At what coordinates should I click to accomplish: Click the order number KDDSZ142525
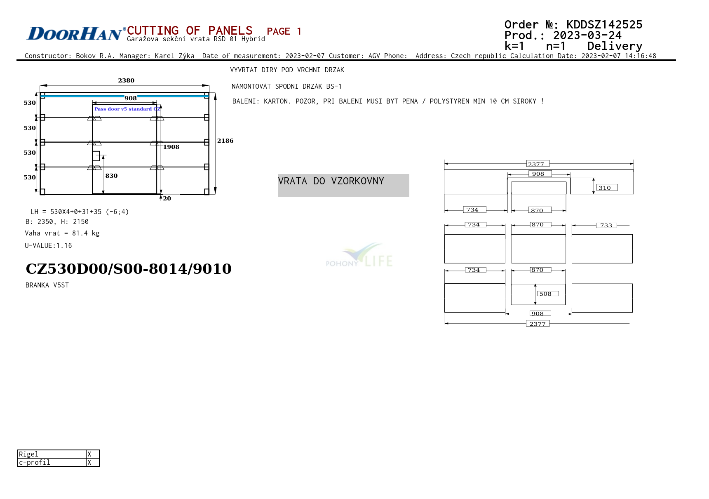[x=604, y=25]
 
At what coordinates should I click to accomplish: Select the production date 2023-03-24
[x=587, y=35]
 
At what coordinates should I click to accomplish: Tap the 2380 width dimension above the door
[x=126, y=80]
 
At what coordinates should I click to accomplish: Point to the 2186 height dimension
[x=225, y=141]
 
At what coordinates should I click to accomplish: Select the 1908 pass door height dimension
[x=171, y=147]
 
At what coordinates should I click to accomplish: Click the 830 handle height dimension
[x=111, y=176]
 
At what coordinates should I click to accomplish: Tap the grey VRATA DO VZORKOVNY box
[x=343, y=185]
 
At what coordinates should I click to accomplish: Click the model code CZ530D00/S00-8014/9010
[x=129, y=269]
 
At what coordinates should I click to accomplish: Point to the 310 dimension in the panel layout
[x=605, y=188]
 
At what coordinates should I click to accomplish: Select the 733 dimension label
[x=606, y=225]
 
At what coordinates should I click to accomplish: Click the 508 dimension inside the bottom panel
[x=545, y=294]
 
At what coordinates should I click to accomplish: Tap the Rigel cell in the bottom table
[x=52, y=454]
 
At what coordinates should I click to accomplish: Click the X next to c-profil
[x=89, y=463]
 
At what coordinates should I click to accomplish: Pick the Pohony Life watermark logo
[x=359, y=255]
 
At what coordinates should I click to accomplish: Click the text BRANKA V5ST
[x=47, y=285]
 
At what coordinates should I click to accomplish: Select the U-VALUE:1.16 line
[x=48, y=245]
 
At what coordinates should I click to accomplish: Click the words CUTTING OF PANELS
[x=190, y=31]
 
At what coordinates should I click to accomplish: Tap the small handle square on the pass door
[x=96, y=156]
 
